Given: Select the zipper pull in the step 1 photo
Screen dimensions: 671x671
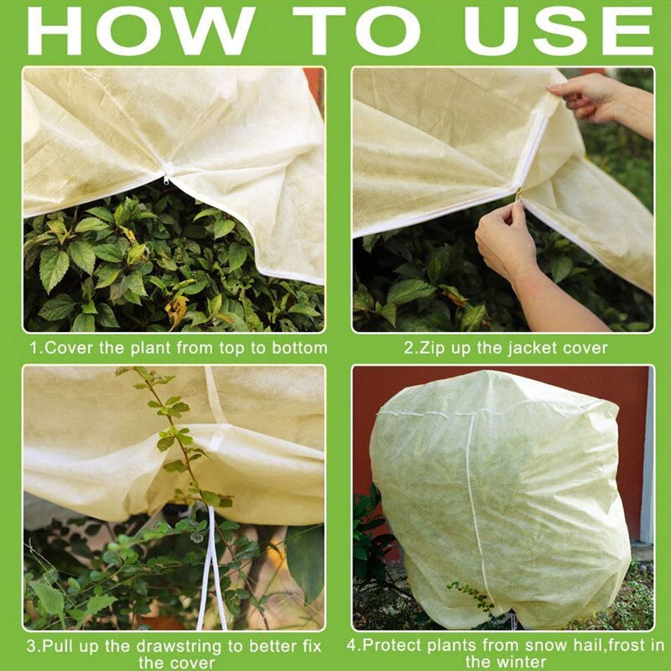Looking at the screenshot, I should pyautogui.click(x=167, y=177).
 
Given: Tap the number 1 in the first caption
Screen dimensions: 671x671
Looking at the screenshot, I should pyautogui.click(x=33, y=347).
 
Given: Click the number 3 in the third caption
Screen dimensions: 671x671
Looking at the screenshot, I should pyautogui.click(x=31, y=647).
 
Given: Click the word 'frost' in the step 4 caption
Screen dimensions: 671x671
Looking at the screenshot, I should pyautogui.click(x=610, y=647).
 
